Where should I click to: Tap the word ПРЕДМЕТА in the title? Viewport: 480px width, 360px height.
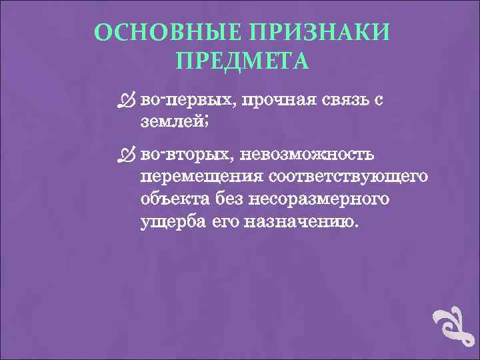242,61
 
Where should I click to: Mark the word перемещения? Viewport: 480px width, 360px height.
201,178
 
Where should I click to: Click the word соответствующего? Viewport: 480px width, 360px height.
347,178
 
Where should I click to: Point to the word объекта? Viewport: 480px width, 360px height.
172,199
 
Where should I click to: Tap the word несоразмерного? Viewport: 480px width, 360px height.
317,199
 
